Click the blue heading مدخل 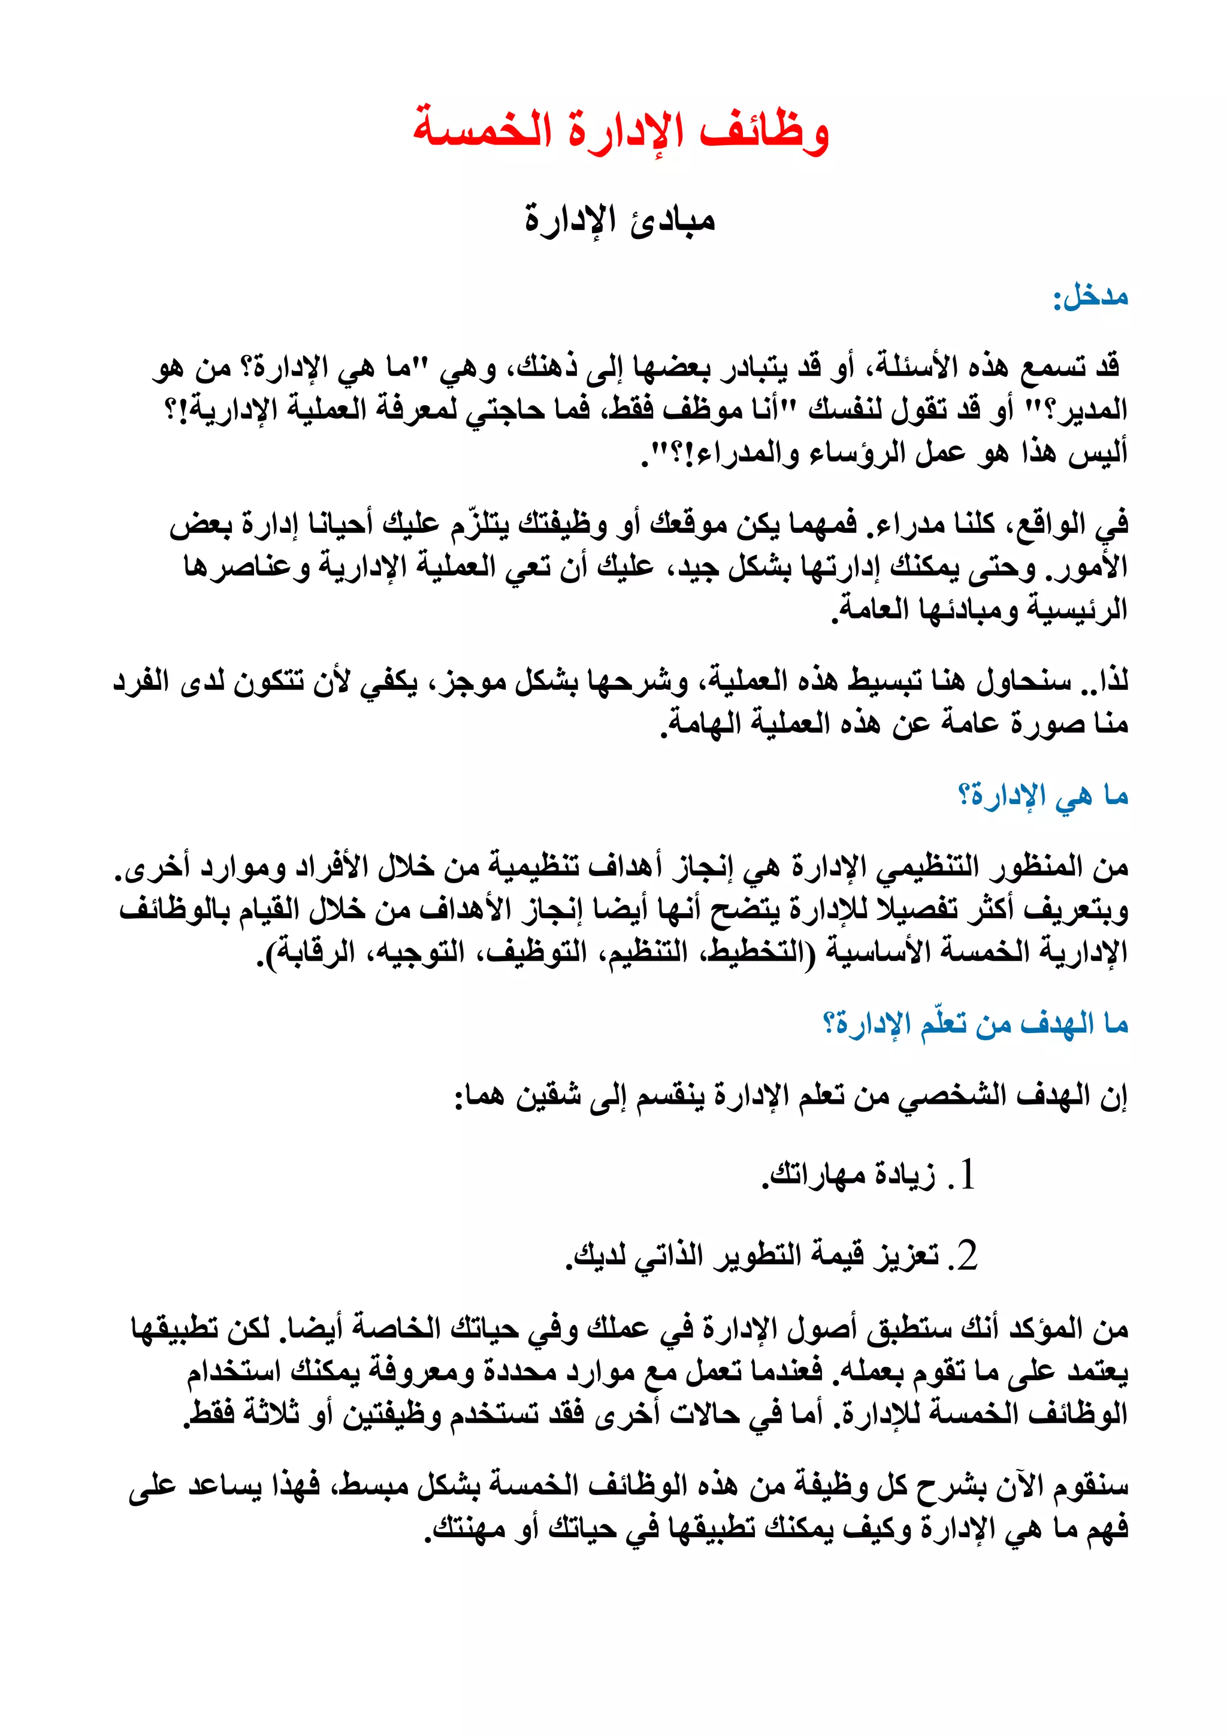[1093, 297]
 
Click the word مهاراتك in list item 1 [817, 1176]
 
